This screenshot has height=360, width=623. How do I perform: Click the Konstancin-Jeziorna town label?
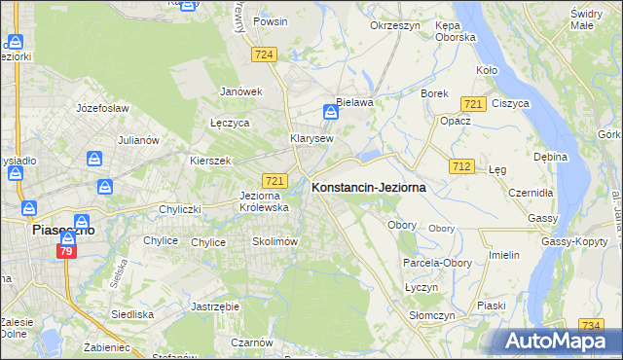point(367,188)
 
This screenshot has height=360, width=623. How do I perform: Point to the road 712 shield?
point(462,166)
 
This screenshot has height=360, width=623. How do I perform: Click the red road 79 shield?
point(67,252)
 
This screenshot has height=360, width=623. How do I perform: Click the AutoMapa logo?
point(562,341)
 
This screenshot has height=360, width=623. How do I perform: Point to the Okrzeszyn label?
point(394,25)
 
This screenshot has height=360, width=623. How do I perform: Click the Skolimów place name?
point(274,241)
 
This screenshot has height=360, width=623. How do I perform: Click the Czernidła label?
point(531,193)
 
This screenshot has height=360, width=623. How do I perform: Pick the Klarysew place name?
point(311,138)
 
